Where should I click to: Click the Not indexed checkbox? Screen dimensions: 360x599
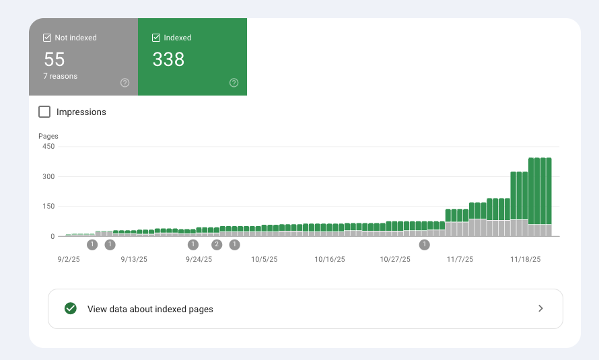tap(47, 38)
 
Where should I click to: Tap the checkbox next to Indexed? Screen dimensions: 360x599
tap(156, 38)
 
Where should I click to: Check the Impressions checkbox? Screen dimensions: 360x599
tap(44, 112)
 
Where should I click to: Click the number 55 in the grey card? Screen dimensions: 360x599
tap(54, 59)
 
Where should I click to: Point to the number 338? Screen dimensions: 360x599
tap(168, 59)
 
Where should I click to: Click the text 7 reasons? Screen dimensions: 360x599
tap(60, 76)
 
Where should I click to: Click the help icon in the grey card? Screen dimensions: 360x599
tap(125, 83)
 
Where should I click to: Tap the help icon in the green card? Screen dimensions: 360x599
tap(234, 83)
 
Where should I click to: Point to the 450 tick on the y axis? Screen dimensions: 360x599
tap(48, 147)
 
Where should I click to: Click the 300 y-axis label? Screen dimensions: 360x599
tap(48, 176)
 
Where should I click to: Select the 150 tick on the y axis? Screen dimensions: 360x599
tap(48, 207)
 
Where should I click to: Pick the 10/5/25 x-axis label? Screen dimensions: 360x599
tap(265, 258)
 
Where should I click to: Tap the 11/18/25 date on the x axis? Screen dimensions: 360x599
tap(525, 258)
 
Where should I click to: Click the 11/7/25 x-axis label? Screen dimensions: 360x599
tap(460, 258)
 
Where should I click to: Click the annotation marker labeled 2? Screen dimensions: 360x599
tap(217, 244)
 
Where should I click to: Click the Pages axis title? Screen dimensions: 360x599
tap(48, 136)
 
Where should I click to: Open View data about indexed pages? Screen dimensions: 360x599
tap(150, 310)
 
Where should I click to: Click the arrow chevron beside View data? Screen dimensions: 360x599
tap(540, 309)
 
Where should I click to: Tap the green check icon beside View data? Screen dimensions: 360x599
tap(70, 309)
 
